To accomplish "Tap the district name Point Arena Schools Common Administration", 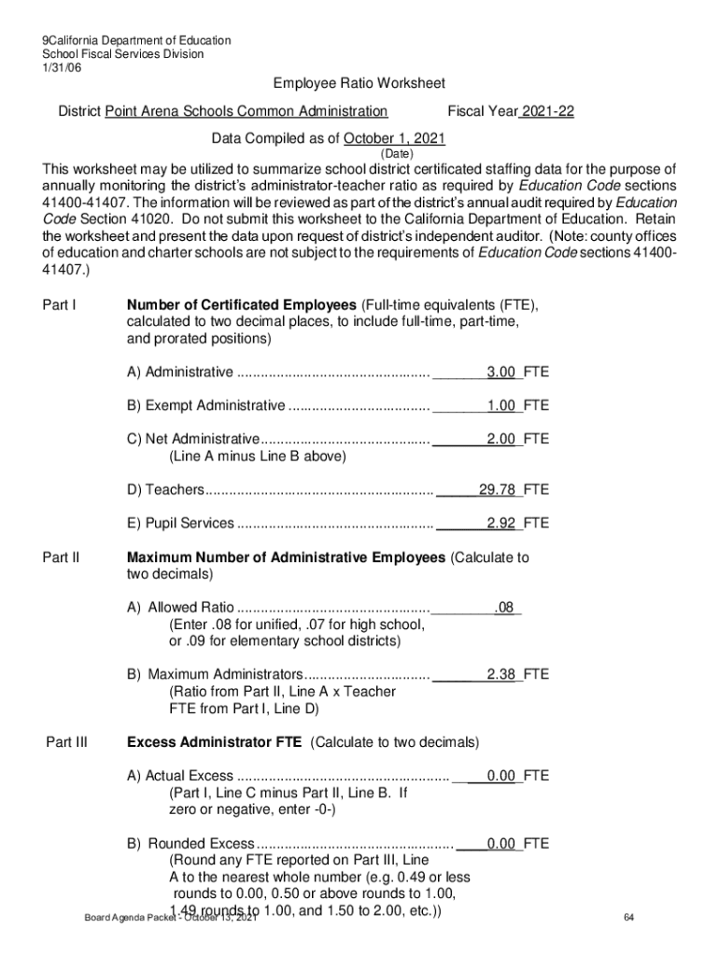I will click(x=247, y=112).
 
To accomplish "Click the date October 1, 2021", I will click(x=394, y=139).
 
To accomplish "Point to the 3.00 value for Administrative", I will click(x=500, y=373).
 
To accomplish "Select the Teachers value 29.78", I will click(x=497, y=489).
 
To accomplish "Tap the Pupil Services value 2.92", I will click(x=500, y=523).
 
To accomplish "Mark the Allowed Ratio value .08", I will click(x=504, y=608).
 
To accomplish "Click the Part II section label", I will click(x=62, y=558).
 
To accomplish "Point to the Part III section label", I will click(x=66, y=743).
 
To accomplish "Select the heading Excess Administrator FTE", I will click(x=214, y=743).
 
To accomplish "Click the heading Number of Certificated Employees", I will click(x=241, y=305).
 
